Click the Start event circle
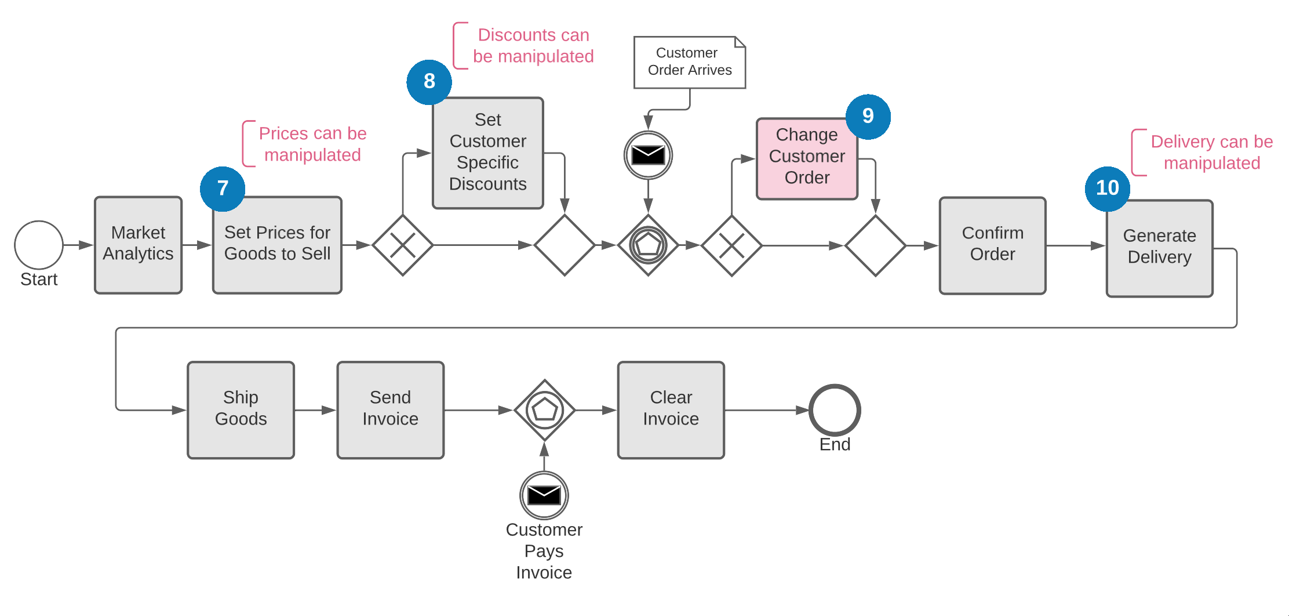tap(39, 245)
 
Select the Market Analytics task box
tap(138, 245)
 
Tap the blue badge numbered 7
tap(223, 189)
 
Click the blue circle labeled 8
tap(429, 82)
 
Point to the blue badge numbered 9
tap(868, 117)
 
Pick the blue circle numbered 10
tap(1107, 189)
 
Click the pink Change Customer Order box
tap(807, 159)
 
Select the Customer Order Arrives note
tap(690, 62)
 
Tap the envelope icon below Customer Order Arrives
tap(648, 155)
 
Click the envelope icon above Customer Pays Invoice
tap(544, 495)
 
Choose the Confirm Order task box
tap(992, 245)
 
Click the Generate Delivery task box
tap(1159, 248)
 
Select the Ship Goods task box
tap(241, 410)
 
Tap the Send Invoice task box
tap(390, 410)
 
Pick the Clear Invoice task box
tap(671, 410)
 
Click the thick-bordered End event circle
tap(835, 410)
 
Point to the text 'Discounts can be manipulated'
tap(533, 46)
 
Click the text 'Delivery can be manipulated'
tap(1211, 153)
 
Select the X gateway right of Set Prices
tap(403, 245)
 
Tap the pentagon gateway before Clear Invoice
tap(545, 410)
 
